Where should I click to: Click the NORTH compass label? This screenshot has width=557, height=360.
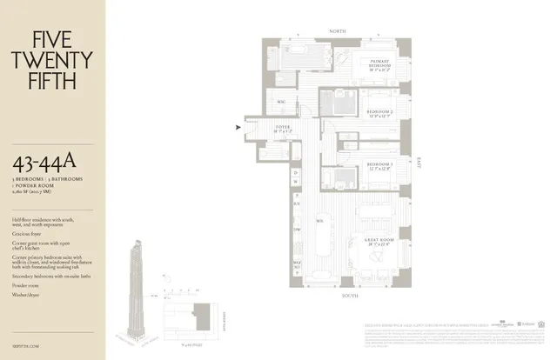coord(337,31)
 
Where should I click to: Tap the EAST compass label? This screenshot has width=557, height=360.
coord(419,162)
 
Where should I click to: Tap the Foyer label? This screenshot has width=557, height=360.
coord(283,129)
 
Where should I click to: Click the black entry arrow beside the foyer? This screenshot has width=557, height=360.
coord(238,129)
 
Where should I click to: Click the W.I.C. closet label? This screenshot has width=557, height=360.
coord(282,101)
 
